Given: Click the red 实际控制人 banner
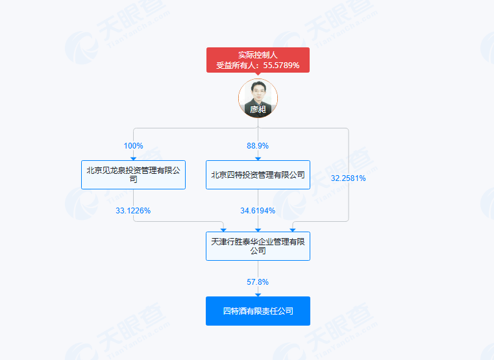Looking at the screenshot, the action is [x=258, y=60].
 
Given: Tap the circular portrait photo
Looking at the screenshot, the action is [x=258, y=98].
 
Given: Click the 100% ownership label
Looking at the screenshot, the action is [x=133, y=146].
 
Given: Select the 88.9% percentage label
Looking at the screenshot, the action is [x=258, y=146].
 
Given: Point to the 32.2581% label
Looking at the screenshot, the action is [x=348, y=178].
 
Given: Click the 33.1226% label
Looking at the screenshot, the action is [x=133, y=211].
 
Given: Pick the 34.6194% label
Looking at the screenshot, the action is [x=258, y=211].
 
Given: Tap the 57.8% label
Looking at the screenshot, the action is [x=258, y=282].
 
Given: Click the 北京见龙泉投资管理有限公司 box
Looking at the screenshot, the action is [x=133, y=175].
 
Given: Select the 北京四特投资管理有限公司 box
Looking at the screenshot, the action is [x=258, y=175].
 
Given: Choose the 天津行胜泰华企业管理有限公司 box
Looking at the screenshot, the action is [x=258, y=246].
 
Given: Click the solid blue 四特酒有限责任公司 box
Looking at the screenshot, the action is [x=258, y=311].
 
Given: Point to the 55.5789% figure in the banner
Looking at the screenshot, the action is [x=281, y=66].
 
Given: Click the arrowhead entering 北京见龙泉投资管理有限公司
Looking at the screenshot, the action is [x=133, y=159].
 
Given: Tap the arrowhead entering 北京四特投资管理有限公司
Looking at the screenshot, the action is [x=258, y=159].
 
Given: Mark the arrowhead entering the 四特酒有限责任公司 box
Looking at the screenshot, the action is [x=258, y=295].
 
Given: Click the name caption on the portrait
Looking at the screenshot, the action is [x=258, y=109].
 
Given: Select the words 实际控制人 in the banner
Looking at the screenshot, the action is [x=258, y=55].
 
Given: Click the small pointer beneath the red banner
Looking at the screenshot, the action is [x=258, y=74].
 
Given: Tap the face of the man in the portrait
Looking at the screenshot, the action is [x=258, y=90].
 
